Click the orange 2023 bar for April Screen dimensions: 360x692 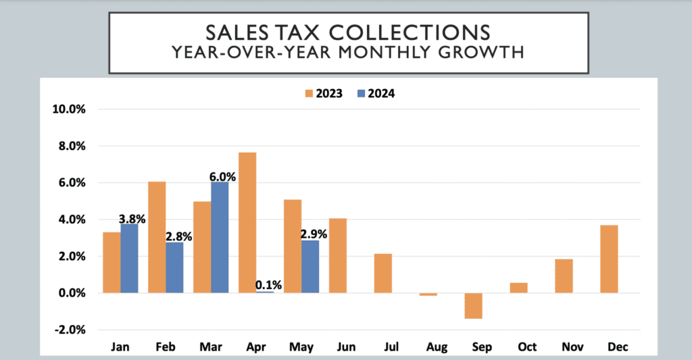click(247, 222)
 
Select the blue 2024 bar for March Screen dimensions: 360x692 click(220, 237)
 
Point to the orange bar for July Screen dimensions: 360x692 click(383, 273)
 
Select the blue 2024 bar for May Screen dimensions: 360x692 click(310, 266)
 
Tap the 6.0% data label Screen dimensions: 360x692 click(222, 177)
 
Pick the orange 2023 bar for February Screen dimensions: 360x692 click(157, 237)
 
